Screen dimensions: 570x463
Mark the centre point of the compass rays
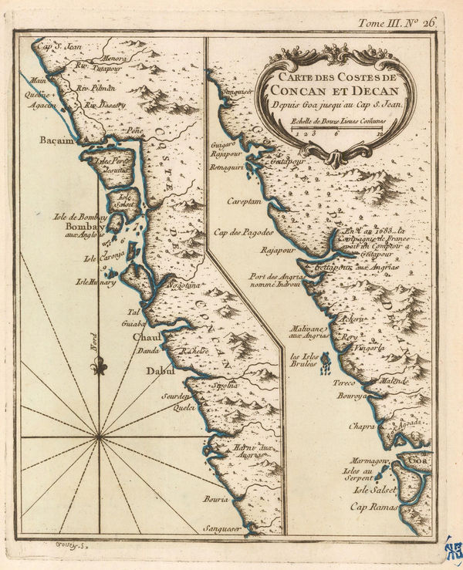(x=100, y=437)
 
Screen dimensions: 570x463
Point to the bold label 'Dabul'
(x=159, y=371)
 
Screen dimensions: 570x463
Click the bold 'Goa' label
(x=418, y=461)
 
